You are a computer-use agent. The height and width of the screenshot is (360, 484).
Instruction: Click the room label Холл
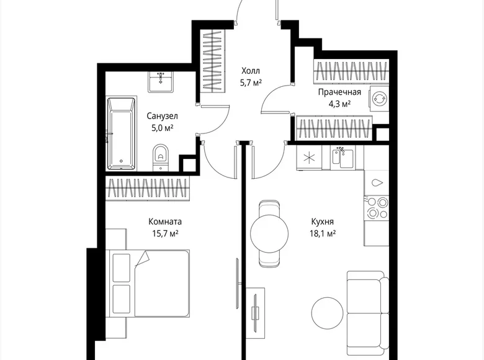click(250, 70)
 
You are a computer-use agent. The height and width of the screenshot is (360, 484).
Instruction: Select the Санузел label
click(163, 116)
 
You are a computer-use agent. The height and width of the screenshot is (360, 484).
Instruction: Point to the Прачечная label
click(339, 92)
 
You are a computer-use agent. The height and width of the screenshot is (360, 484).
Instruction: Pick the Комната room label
click(165, 222)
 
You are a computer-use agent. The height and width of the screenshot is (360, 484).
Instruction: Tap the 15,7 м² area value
click(165, 233)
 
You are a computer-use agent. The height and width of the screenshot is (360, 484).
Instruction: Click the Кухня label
click(323, 222)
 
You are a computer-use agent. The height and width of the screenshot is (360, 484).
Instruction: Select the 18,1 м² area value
click(323, 233)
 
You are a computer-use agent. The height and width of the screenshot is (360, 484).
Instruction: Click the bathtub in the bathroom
click(120, 133)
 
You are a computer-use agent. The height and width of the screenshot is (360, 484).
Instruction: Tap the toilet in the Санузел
click(161, 155)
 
